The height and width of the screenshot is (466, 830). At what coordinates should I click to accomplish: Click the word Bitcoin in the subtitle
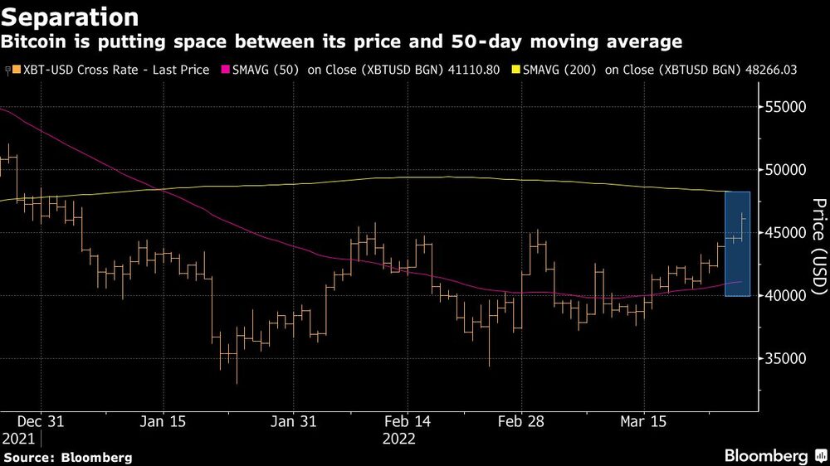36,41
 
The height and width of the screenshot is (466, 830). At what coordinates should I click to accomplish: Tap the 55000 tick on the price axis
785,107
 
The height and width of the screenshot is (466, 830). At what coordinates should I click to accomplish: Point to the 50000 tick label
785,170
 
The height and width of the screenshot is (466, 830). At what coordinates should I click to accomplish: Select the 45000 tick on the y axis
785,233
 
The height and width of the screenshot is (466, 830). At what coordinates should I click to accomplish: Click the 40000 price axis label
785,296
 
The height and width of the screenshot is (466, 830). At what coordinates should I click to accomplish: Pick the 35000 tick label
785,359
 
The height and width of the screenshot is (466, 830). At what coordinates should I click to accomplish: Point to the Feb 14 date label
408,421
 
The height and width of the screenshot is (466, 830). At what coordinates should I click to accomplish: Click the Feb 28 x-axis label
520,421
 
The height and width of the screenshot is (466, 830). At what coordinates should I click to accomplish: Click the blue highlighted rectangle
738,244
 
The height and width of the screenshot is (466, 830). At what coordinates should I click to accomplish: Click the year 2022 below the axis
399,438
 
